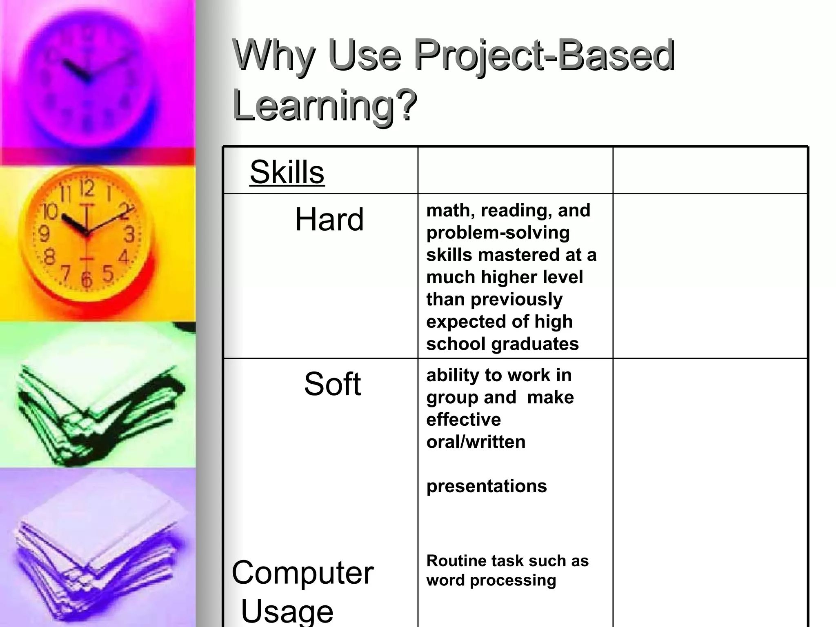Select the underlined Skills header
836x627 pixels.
pyautogui.click(x=287, y=172)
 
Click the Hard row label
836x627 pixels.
pyautogui.click(x=329, y=220)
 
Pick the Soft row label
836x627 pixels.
pyautogui.click(x=332, y=384)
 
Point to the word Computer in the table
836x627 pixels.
pyautogui.click(x=302, y=572)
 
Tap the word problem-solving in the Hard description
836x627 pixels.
pyautogui.click(x=498, y=233)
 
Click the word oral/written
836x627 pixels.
pyautogui.click(x=476, y=442)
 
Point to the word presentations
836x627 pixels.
pyautogui.click(x=486, y=486)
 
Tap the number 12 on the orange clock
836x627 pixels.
pyautogui.click(x=87, y=188)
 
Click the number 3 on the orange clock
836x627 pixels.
pyautogui.click(x=129, y=235)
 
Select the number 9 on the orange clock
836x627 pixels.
pyautogui.click(x=44, y=234)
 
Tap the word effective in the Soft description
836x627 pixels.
pyautogui.click(x=463, y=420)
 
